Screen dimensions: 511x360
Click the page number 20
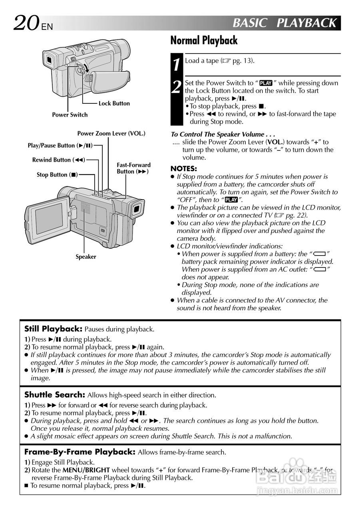coord(26,23)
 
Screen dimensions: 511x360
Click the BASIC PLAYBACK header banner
coord(284,23)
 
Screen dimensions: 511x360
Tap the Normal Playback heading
coord(204,41)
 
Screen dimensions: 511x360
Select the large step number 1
coord(177,65)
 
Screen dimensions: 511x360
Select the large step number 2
coord(177,87)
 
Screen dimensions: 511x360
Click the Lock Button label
coord(114,103)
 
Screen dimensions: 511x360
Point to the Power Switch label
coord(70,115)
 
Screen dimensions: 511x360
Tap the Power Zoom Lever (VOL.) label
coord(111,133)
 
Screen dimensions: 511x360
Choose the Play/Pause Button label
coord(60,146)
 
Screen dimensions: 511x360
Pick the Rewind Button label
coord(59,160)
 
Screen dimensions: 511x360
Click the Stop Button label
coord(57,175)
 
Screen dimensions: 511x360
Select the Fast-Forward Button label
coord(133,168)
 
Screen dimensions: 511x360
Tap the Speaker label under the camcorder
coord(86,257)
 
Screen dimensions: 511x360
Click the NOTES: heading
coord(184,168)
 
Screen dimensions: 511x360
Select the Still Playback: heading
coord(53,329)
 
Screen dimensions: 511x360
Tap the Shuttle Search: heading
coord(55,395)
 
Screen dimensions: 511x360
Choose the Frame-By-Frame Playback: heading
coord(80,452)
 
